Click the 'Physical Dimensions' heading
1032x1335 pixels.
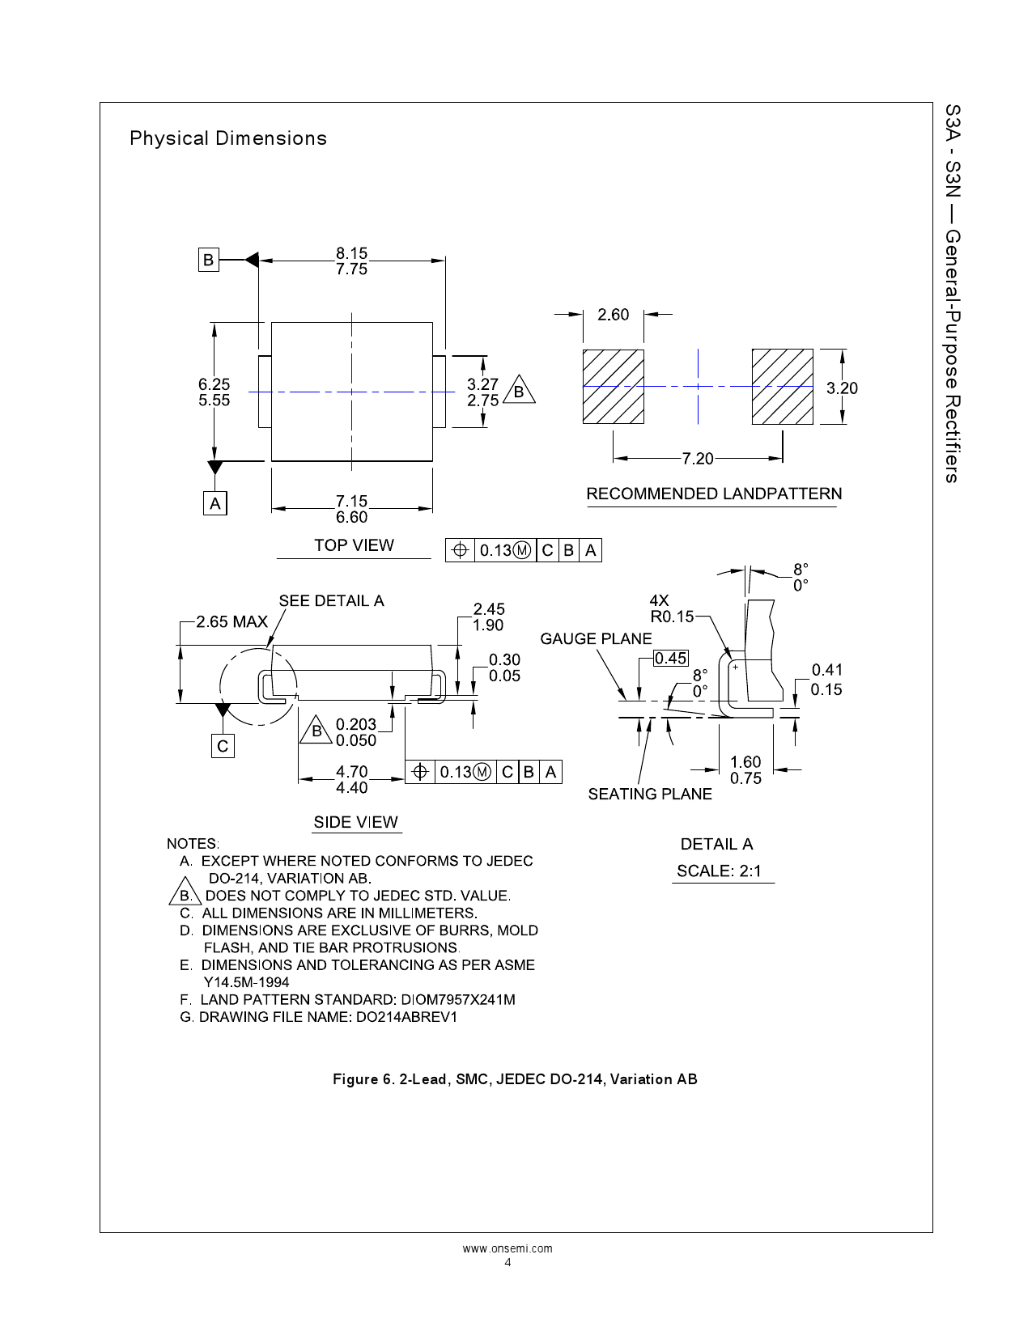(227, 138)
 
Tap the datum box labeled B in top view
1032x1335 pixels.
(209, 260)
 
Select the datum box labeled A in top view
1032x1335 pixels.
(214, 503)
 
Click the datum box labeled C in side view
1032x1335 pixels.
(223, 746)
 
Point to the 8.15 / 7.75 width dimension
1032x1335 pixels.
(351, 261)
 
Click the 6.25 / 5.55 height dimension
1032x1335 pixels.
(214, 392)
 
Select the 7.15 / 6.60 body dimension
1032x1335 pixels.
(351, 509)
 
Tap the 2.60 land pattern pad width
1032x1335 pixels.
(613, 315)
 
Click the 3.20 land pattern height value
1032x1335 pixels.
(842, 388)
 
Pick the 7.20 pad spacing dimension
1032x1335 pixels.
(697, 459)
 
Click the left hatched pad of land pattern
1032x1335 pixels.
(613, 387)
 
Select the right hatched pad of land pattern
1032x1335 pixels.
(782, 387)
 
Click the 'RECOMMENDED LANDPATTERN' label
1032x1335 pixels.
(714, 494)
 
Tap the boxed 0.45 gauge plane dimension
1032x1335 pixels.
(671, 658)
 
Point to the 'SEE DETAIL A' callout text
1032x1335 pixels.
(331, 600)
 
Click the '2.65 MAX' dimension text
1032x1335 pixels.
(232, 621)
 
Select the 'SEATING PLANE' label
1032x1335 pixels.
(650, 794)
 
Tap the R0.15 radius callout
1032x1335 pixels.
(672, 616)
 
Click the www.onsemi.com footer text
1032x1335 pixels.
(508, 1248)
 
